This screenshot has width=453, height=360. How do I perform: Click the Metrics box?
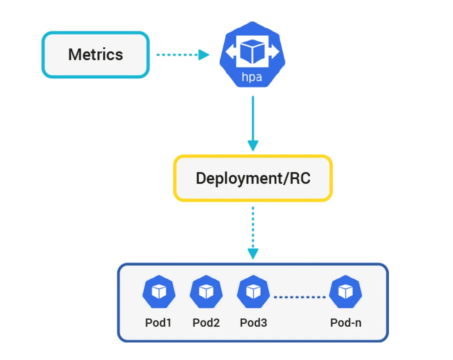(x=95, y=54)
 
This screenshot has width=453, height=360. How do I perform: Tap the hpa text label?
(x=252, y=77)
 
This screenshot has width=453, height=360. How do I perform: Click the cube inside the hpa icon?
(x=252, y=51)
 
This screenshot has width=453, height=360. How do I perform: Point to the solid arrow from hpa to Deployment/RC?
(x=253, y=120)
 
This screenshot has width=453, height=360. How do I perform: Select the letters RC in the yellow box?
(x=300, y=178)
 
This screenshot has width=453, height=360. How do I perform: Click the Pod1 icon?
(x=159, y=291)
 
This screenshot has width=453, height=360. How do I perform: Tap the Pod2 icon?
(x=206, y=291)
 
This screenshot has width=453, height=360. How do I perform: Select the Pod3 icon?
(x=253, y=291)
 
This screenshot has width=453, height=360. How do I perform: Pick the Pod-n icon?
(x=346, y=291)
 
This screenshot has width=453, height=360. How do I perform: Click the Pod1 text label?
(x=158, y=322)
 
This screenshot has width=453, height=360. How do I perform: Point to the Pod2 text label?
(x=206, y=322)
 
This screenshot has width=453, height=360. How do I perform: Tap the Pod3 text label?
(x=253, y=322)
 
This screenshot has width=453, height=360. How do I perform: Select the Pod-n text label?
(x=346, y=322)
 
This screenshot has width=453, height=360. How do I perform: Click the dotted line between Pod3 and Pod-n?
(x=300, y=297)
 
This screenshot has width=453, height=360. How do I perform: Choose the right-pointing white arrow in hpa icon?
(x=275, y=51)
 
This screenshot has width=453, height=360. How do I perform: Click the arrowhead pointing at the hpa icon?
(x=204, y=55)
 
